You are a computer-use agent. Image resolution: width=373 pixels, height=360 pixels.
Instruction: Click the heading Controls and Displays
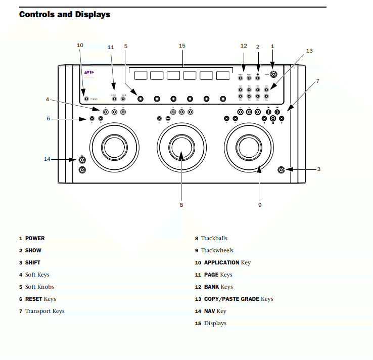click(x=64, y=14)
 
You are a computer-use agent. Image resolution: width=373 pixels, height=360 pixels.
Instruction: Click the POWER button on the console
click(x=273, y=74)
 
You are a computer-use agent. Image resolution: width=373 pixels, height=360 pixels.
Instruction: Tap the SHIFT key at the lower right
click(x=281, y=169)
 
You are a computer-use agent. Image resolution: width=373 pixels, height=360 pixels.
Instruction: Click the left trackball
click(x=114, y=147)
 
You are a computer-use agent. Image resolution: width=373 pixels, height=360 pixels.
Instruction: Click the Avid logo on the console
click(x=89, y=72)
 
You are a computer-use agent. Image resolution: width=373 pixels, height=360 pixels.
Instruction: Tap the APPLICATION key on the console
click(x=86, y=100)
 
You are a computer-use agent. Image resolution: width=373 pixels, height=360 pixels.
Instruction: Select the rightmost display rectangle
click(x=223, y=75)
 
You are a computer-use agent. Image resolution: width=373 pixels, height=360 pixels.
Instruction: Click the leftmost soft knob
click(x=141, y=99)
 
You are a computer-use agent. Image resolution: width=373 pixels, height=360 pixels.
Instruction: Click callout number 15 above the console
click(x=182, y=46)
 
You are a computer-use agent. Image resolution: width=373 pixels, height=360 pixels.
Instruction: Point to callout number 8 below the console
click(x=181, y=205)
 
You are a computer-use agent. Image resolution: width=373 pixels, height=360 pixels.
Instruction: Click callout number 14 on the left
click(x=47, y=159)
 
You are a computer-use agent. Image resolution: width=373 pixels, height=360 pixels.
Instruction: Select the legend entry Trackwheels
click(x=217, y=250)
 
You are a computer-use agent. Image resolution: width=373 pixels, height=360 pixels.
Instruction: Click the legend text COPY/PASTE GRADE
click(x=231, y=299)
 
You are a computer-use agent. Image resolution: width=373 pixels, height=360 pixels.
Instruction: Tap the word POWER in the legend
click(x=35, y=238)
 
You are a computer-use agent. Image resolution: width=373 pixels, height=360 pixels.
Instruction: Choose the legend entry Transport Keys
click(x=44, y=311)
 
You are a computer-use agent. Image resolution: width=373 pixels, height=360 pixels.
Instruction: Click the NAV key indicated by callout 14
click(x=82, y=160)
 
